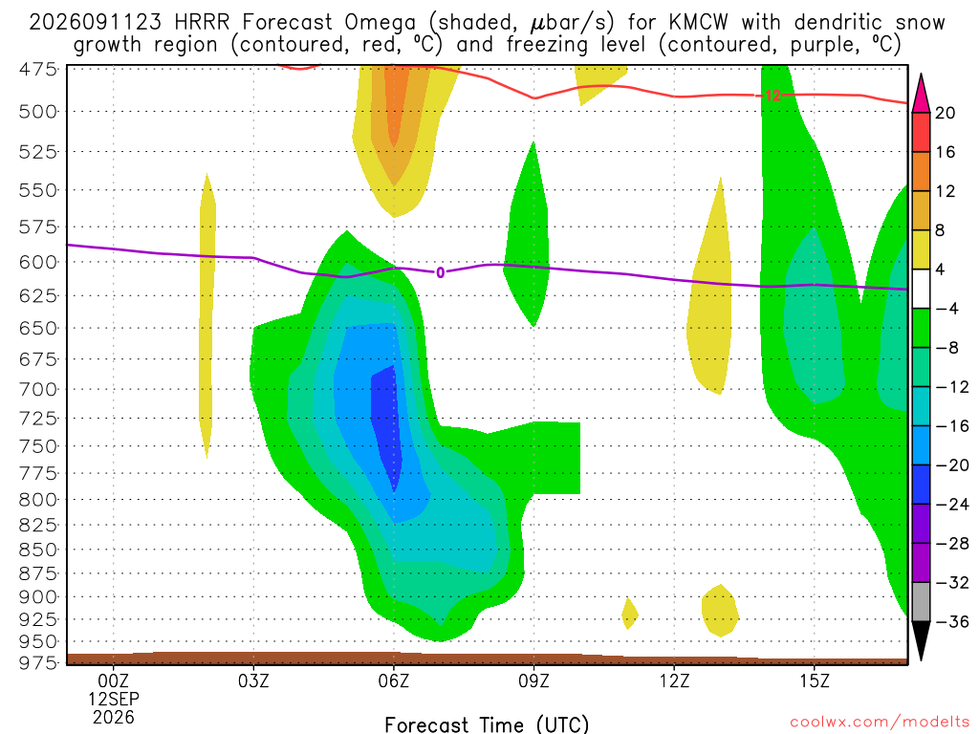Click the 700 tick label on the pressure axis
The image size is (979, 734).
coord(38,390)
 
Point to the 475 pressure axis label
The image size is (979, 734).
coord(38,69)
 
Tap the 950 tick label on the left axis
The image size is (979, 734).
coord(38,641)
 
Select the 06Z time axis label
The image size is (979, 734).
coord(393,680)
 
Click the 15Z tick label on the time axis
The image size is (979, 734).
coord(815,680)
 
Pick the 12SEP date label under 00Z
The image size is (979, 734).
coord(114,699)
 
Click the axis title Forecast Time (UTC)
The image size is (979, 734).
coord(487,724)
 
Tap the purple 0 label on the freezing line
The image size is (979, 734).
coord(440,272)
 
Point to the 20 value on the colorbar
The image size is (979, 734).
coord(946,113)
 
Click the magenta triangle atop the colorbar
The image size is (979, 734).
coord(921,94)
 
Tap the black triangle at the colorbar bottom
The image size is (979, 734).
coord(921,639)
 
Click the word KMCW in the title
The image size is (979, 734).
coord(698,23)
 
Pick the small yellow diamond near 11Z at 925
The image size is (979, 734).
coord(629,614)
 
